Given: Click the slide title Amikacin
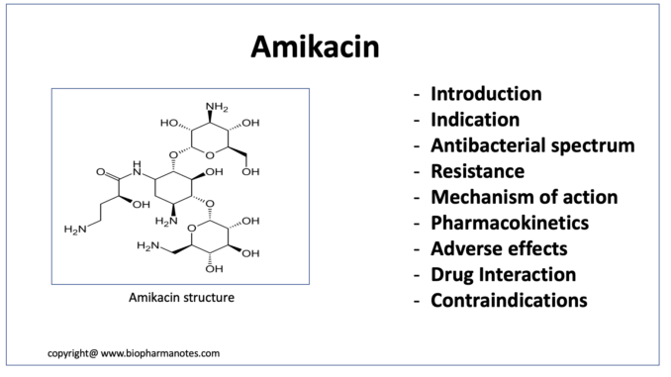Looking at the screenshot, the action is coord(315,47).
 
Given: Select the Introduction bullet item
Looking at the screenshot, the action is coord(486,94).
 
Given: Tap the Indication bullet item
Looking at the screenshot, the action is coord(475,120).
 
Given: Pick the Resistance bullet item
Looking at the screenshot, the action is coord(478,171).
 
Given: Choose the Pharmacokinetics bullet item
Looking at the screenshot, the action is coord(510,223).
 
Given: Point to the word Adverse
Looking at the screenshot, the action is coord(463,248).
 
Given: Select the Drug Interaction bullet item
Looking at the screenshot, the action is coord(503,275).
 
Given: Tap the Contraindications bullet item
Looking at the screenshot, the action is coord(509,301).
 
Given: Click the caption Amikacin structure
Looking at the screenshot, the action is coord(181,298).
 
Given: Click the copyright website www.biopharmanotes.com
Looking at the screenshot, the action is coord(160,353).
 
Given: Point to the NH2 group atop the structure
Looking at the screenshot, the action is coord(217,107).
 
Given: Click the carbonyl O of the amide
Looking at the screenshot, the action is coord(101,172).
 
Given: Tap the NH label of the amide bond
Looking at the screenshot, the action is coord(137,168).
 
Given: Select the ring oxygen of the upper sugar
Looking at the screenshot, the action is coord(210,155).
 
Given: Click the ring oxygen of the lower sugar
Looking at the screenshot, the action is coord(192,229).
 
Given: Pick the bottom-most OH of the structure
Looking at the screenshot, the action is coord(214,269).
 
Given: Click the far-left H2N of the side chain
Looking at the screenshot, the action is coord(75,230).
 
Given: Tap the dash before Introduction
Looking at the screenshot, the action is coord(417,95).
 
